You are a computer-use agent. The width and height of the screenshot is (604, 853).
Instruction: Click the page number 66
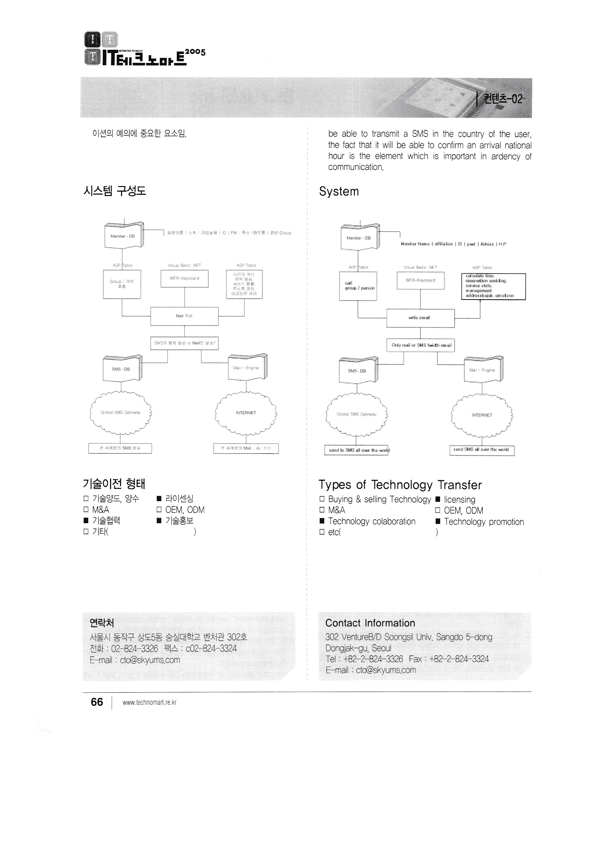pos(97,702)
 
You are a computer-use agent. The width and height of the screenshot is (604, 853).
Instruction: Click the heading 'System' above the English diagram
pos(339,191)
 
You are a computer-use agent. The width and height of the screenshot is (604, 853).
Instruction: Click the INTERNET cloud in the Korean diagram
pos(246,413)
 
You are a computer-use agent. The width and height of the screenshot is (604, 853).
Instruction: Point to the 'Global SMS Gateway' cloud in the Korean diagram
pos(121,412)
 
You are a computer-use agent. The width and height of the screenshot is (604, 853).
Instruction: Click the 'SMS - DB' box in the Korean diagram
pos(121,369)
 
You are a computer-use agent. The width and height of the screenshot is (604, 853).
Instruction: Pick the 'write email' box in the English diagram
pos(420,318)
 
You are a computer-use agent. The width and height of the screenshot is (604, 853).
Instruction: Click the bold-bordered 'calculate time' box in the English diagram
pos(493,287)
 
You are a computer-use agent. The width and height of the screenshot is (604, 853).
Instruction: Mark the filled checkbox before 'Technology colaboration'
pos(322,521)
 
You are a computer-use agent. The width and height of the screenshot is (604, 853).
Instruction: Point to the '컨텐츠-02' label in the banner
pos(502,99)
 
